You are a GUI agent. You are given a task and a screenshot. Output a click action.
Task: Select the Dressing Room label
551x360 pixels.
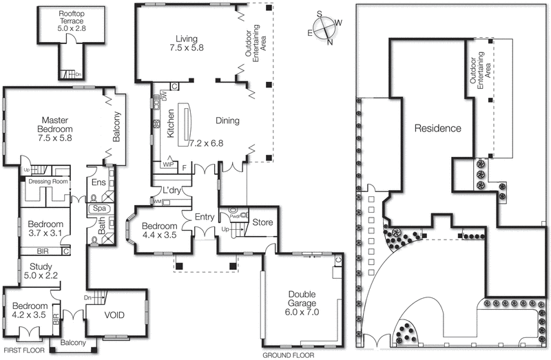click(x=48, y=182)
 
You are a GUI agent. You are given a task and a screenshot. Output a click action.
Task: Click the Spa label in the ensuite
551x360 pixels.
click(x=99, y=208)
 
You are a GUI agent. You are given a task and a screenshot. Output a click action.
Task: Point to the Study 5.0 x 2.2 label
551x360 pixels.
click(x=41, y=269)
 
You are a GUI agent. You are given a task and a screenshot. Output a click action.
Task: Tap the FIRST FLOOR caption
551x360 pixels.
click(x=23, y=351)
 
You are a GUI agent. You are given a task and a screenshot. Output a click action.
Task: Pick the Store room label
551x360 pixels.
click(x=262, y=222)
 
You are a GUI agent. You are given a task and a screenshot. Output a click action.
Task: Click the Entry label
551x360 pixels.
click(x=205, y=218)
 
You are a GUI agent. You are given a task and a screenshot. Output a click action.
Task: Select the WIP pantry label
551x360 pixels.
click(x=167, y=165)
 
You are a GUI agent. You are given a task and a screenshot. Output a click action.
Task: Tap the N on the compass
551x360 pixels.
click(x=330, y=42)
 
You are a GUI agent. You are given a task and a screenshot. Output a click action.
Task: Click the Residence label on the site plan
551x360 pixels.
click(x=437, y=128)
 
